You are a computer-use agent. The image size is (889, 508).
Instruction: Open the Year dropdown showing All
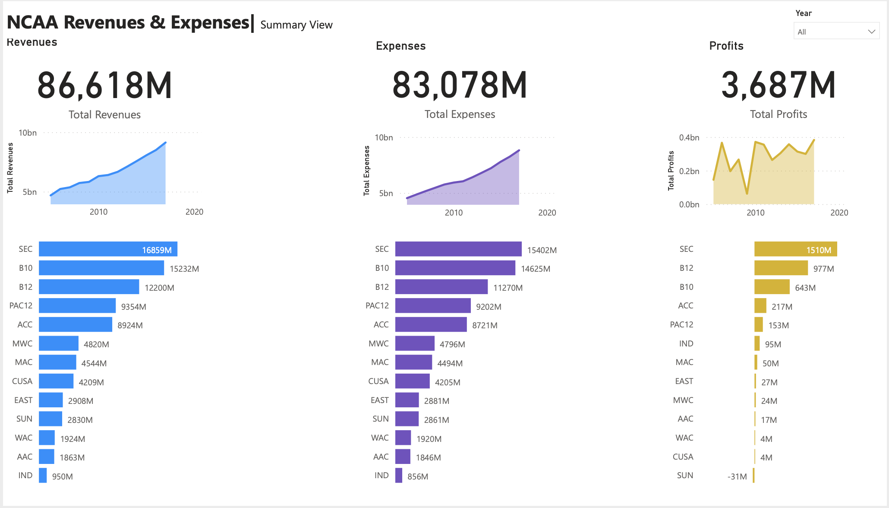coord(836,32)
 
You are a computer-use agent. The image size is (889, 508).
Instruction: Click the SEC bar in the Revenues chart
coord(108,249)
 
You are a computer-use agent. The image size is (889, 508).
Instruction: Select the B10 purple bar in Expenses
coord(455,268)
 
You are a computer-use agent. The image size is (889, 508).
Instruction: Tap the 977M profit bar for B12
coord(781,268)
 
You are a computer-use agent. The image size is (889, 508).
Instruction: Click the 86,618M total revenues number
coord(105,86)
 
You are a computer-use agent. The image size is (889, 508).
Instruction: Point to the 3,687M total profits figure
coord(778,86)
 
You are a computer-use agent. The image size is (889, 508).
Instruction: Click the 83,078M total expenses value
coord(460,86)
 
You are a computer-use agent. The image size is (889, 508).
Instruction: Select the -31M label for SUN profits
coord(737,476)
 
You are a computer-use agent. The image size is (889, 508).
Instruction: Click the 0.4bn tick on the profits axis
coord(689,138)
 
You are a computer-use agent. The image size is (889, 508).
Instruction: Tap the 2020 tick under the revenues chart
coord(194,212)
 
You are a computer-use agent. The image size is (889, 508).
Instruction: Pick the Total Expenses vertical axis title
coord(367,171)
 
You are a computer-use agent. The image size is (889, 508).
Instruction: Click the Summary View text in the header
coord(296,25)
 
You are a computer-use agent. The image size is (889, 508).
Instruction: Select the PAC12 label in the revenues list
coord(21,306)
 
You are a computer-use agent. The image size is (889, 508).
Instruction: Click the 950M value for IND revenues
coord(62,476)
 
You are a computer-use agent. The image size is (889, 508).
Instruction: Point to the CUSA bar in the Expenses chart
coord(412,381)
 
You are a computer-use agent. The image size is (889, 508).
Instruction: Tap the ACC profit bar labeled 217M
coord(760,306)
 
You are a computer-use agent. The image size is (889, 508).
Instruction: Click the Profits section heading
coord(726,46)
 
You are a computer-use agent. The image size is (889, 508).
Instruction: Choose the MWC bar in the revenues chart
coord(59,344)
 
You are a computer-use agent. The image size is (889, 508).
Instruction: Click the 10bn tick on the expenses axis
coord(383,138)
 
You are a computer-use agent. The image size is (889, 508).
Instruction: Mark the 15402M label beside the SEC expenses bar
coord(542,250)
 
